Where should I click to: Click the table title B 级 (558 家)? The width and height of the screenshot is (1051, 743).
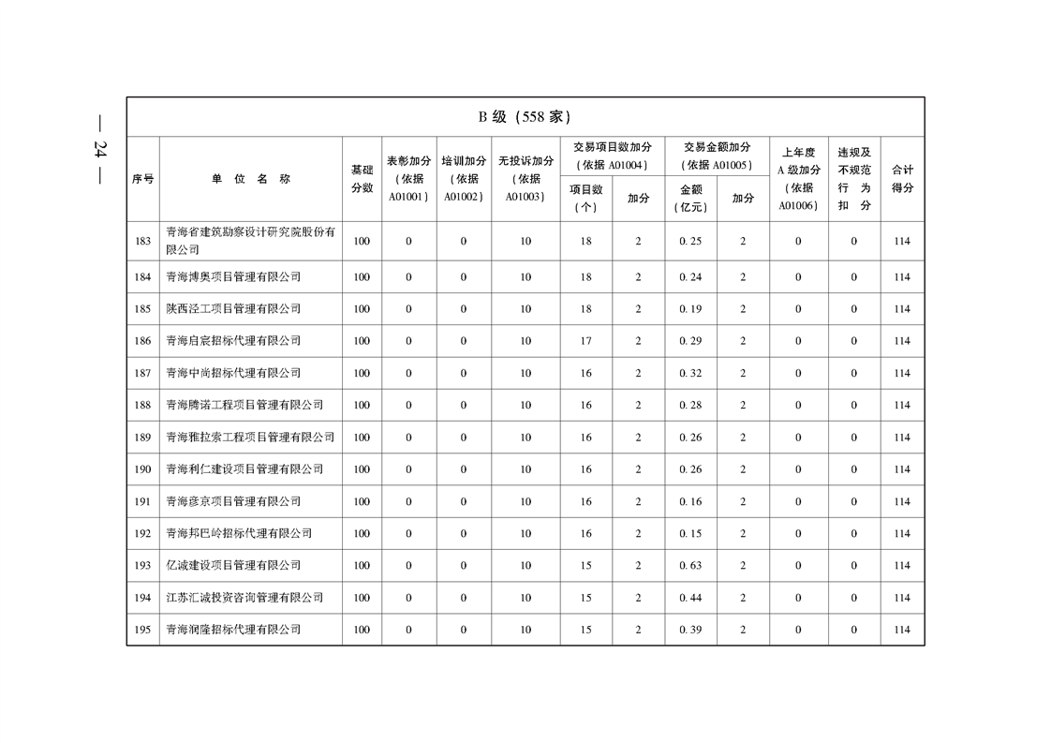point(525,117)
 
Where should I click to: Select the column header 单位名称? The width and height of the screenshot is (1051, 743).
point(250,179)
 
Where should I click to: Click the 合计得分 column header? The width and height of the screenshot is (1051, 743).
point(902,179)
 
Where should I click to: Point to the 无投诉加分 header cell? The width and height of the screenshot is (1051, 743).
point(525,179)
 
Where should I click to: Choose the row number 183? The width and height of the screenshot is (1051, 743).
point(142,242)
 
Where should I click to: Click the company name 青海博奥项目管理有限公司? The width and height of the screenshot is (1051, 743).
point(233,277)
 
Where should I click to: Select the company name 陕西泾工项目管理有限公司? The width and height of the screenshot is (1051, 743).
point(233,309)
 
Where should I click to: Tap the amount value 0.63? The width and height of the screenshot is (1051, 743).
point(690,566)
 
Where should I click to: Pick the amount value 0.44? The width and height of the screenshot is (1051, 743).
point(690,598)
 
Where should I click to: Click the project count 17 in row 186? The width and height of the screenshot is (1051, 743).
point(585,341)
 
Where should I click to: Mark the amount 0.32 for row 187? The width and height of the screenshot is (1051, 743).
point(690,373)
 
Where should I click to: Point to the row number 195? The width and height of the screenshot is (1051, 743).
point(142,630)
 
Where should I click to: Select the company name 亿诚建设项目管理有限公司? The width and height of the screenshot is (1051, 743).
point(233,566)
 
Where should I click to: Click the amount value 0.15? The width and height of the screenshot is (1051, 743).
point(690,534)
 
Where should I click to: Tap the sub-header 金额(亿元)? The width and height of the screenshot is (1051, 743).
point(690,199)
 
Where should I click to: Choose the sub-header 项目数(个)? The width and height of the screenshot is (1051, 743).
point(585,199)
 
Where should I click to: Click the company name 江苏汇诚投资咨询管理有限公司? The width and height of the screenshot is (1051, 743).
point(244,598)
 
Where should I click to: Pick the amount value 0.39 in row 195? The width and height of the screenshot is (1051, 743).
point(690,630)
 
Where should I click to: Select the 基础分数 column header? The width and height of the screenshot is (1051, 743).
point(362,179)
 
